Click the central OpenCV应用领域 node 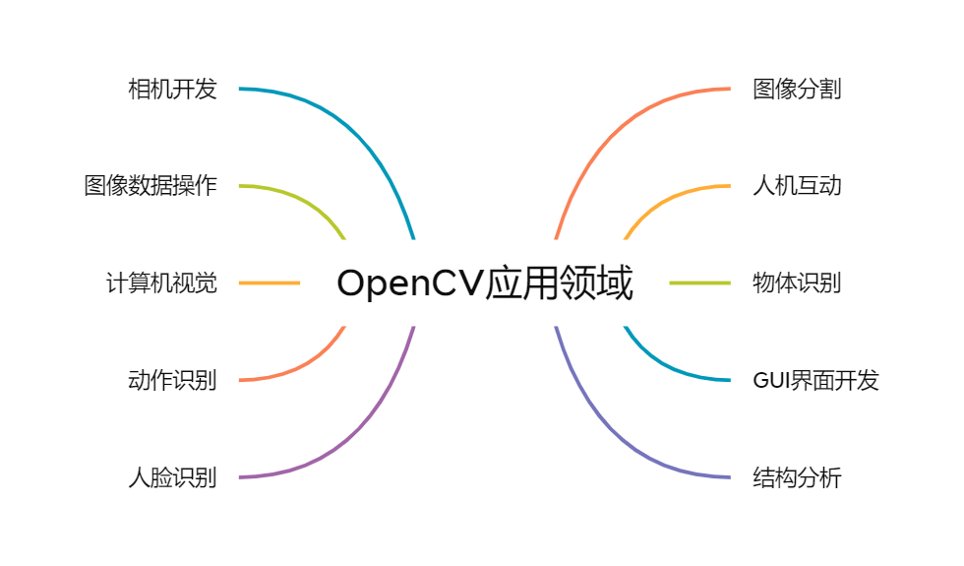tap(484, 283)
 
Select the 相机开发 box tap(172, 89)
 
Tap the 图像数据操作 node tap(150, 185)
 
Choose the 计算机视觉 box tap(160, 283)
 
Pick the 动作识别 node tap(172, 379)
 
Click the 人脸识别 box tap(172, 477)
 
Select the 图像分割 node tap(800, 89)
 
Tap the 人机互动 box tap(796, 185)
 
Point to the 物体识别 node tap(815, 283)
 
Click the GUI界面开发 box tap(815, 379)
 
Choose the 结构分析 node tap(796, 477)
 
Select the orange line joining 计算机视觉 tap(270, 283)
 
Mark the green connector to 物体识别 tap(699, 283)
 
